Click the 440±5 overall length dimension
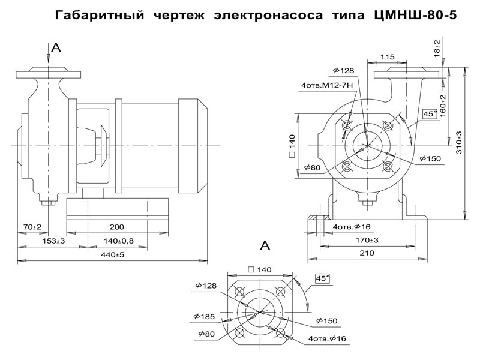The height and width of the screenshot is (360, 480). coord(112,255)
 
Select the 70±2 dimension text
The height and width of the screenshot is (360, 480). coord(31,227)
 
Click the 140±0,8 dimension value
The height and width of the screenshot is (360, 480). coord(118,241)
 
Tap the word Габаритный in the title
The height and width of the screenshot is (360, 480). coord(98,15)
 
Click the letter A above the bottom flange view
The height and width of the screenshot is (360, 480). coord(265,245)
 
